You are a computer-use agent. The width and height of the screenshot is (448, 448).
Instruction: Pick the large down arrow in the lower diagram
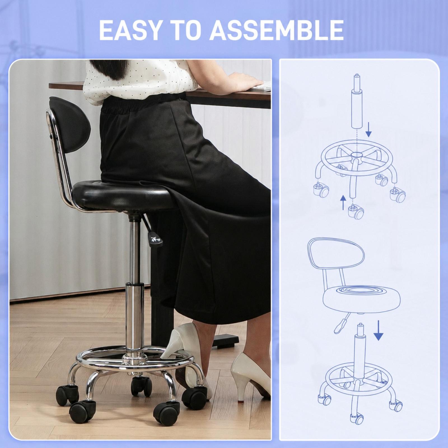pyautogui.click(x=379, y=330)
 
